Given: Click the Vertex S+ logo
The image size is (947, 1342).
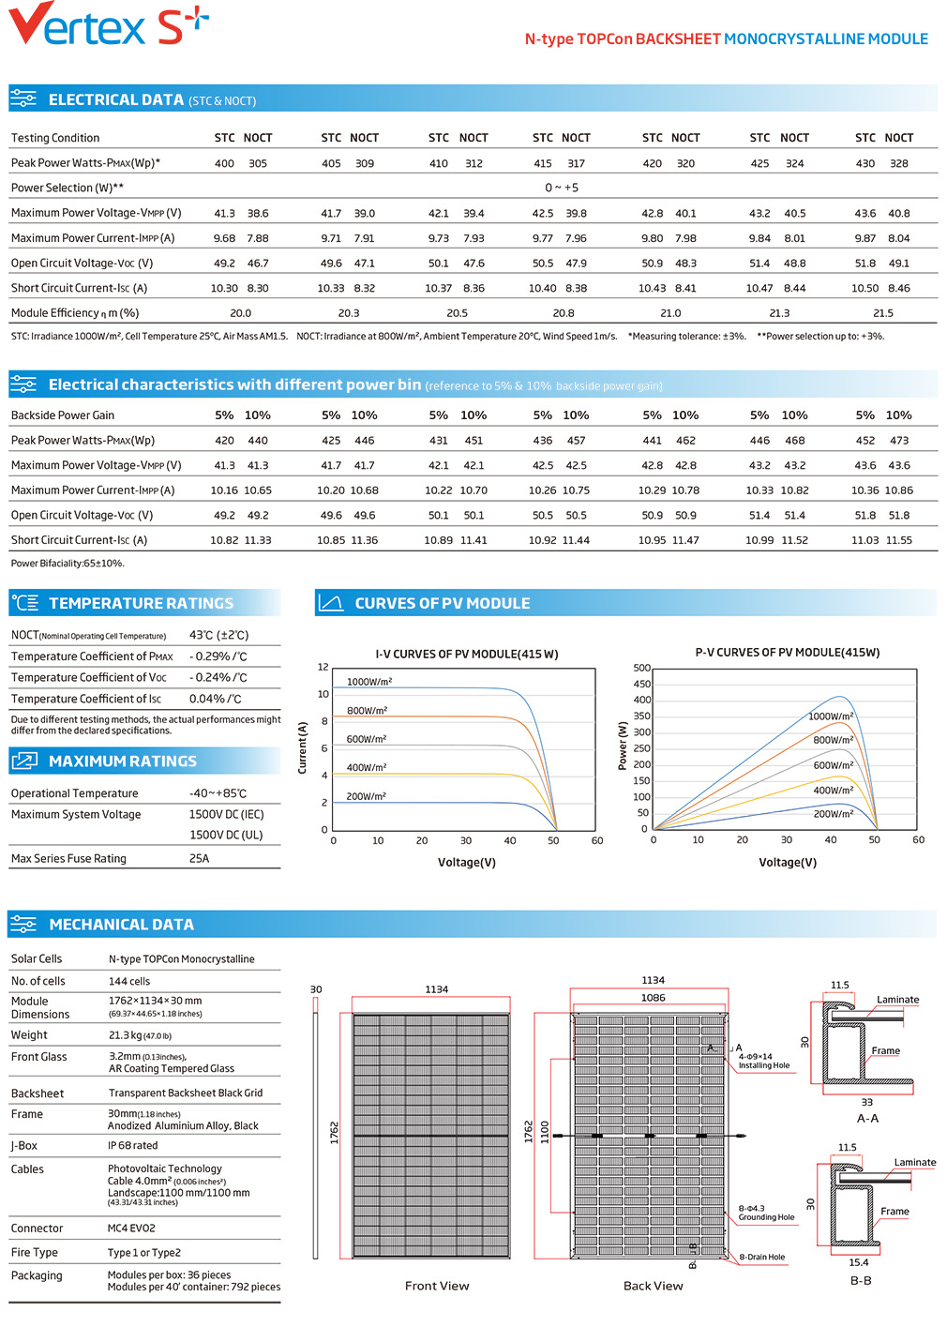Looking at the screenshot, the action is click(109, 23).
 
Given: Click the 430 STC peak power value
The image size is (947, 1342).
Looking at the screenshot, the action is click(864, 163).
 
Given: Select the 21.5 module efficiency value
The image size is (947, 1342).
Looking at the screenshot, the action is click(883, 313).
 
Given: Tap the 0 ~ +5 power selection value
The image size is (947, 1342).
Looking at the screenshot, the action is click(562, 188).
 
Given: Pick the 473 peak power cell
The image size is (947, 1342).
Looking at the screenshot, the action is click(899, 441).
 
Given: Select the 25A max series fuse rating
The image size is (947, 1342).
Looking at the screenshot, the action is click(200, 858).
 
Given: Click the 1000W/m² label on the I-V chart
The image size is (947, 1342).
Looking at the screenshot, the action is click(369, 682).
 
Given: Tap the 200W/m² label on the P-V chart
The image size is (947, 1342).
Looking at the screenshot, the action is click(834, 814).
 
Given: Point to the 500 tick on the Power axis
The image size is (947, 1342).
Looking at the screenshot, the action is click(641, 668).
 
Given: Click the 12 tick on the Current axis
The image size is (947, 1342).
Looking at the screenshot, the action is click(323, 667).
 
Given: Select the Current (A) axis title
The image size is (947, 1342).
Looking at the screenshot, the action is click(302, 747).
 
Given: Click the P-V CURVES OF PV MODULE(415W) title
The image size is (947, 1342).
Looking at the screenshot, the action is click(787, 653).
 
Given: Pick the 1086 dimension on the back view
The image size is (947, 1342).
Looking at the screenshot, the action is click(653, 998).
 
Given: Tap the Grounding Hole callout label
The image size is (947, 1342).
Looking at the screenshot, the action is click(766, 1216).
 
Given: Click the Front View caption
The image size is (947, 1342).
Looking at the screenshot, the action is click(437, 1286).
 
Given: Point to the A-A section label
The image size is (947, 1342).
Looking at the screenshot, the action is click(867, 1118).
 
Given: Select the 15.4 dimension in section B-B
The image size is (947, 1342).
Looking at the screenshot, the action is click(858, 1262).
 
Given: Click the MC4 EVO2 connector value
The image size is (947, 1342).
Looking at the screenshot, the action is click(131, 1229).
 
